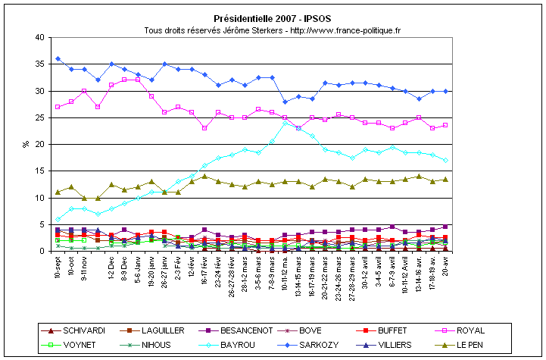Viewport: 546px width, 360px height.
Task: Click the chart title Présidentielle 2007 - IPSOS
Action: (272, 18)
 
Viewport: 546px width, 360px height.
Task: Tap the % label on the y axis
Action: (26, 144)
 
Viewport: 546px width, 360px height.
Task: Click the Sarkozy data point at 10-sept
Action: (58, 58)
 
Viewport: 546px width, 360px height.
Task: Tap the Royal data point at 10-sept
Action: (58, 107)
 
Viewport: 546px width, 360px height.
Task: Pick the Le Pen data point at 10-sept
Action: (58, 192)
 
